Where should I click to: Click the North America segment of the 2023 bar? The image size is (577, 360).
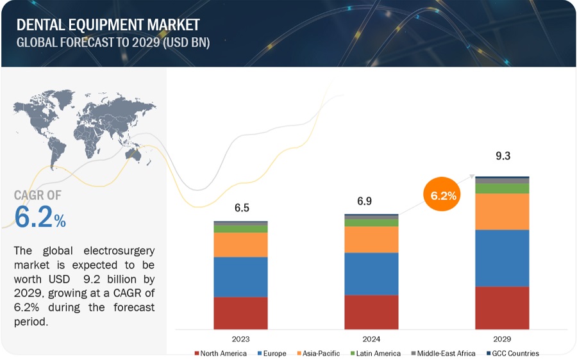(240, 313)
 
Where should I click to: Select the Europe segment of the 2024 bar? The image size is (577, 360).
(371, 274)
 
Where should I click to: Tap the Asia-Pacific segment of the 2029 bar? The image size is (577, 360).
(502, 211)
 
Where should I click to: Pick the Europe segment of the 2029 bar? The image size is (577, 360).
(502, 258)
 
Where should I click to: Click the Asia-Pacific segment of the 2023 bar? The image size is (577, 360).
(240, 244)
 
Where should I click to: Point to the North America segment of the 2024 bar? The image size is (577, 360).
(371, 312)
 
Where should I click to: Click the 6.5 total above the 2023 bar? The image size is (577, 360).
(241, 208)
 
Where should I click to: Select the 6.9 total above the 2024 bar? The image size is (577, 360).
(364, 201)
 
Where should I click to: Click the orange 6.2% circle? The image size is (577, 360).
(443, 195)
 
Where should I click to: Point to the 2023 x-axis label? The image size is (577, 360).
(241, 339)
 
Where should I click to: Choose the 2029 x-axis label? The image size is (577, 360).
(502, 339)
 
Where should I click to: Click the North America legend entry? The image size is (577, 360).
(222, 353)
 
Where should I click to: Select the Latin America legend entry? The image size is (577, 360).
(378, 353)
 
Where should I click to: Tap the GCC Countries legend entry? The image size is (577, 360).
(513, 353)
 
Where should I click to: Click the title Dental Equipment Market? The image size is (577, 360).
(108, 25)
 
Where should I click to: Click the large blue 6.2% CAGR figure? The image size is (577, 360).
(40, 218)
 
